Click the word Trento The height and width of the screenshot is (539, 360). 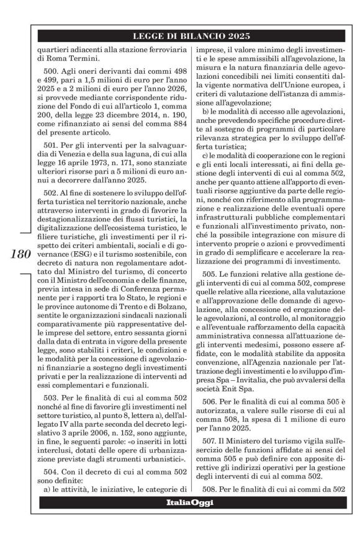(133, 328)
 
